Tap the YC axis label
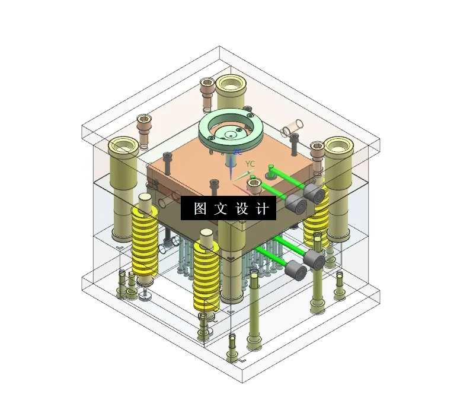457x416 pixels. pyautogui.click(x=250, y=164)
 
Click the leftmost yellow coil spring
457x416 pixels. pyautogui.click(x=145, y=240)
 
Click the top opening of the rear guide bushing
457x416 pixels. pyautogui.click(x=231, y=82)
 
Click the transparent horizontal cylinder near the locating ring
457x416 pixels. pyautogui.click(x=291, y=126)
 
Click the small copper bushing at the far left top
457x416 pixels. pyautogui.click(x=144, y=121)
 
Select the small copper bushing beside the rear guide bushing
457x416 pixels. pyautogui.click(x=207, y=85)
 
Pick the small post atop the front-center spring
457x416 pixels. pyautogui.click(x=206, y=237)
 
